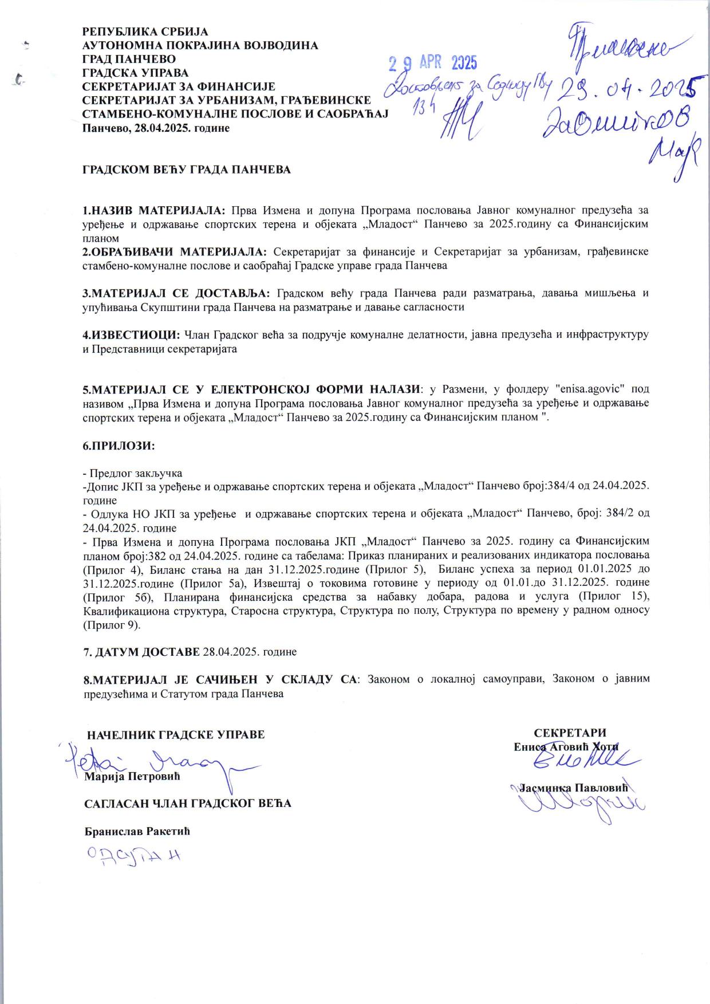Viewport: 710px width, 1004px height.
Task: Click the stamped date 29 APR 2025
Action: [x=433, y=62]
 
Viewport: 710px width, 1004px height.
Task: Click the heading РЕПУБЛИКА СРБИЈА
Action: [x=145, y=32]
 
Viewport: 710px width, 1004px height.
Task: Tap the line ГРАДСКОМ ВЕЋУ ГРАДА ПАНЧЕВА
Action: [x=187, y=170]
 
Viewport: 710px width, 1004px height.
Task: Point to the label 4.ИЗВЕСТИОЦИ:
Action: [x=132, y=334]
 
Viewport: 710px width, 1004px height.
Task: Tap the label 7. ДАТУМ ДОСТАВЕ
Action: [x=141, y=652]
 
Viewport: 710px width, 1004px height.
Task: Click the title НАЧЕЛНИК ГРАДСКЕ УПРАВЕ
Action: [x=176, y=734]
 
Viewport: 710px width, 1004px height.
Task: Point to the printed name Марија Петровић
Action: [x=132, y=777]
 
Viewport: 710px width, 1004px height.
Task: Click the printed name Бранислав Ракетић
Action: [x=137, y=831]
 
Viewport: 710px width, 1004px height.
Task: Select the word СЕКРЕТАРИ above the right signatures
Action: [x=570, y=733]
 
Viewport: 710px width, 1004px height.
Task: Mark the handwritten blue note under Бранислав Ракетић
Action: [x=132, y=857]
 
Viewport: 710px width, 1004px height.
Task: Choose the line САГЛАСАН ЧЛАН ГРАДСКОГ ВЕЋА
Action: [x=188, y=804]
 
